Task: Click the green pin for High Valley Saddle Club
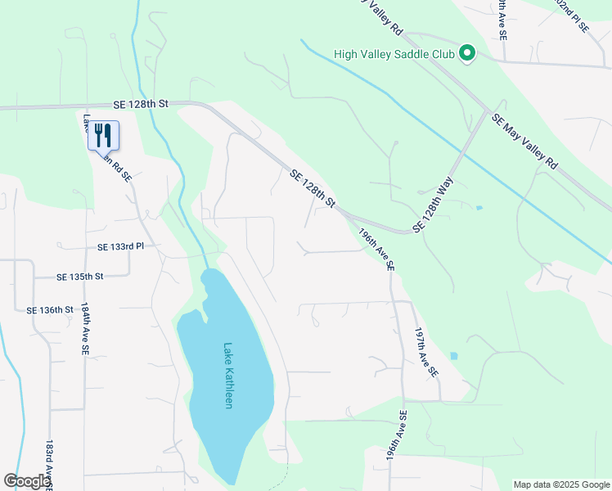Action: [467, 55]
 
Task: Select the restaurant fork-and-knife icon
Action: [103, 134]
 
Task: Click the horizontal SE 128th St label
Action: [140, 104]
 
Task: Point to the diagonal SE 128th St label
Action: [313, 188]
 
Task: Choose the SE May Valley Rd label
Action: [525, 142]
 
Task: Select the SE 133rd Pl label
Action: [120, 246]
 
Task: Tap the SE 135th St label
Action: [80, 277]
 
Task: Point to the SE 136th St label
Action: [50, 310]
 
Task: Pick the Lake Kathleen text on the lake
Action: [228, 376]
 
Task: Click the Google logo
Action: [27, 481]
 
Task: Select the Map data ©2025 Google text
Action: [560, 484]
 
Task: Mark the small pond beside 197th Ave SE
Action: [454, 356]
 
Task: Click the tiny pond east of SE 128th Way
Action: [479, 208]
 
